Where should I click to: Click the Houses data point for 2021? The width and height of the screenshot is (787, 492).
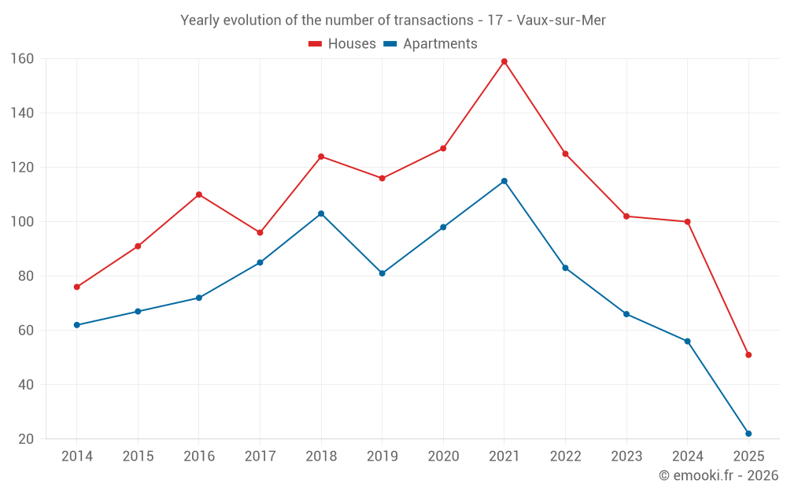coord(504,61)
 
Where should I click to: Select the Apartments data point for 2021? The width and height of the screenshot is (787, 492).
coord(504,181)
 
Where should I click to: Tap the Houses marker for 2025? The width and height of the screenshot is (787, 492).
coord(748,355)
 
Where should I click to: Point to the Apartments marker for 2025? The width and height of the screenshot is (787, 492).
coord(748,434)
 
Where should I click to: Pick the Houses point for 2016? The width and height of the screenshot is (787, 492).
coord(199,194)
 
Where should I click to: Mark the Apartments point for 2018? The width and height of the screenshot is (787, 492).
coord(321,213)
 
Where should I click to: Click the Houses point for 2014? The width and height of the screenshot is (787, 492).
coord(76,287)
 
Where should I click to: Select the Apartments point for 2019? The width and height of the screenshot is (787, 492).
coord(382,273)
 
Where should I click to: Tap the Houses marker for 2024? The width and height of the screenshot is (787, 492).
coord(687,222)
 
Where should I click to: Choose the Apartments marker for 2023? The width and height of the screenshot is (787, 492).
coord(626,314)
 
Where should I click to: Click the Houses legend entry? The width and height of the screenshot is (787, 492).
coord(342,44)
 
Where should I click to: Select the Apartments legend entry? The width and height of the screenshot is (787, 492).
coord(430,44)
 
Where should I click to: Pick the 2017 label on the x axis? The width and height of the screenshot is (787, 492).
coord(260,457)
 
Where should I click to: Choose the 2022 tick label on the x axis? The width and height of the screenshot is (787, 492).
coord(565,457)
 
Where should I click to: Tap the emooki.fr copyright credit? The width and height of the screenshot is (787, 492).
coord(719,475)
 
